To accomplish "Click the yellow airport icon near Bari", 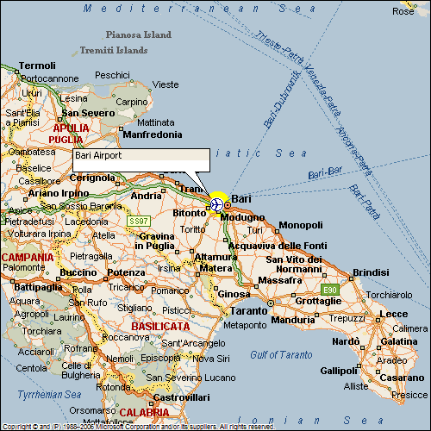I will pyautogui.click(x=217, y=203).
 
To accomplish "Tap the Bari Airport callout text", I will pyautogui.click(x=97, y=155).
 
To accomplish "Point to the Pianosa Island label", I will pyautogui.click(x=138, y=35).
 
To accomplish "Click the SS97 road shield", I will pyautogui.click(x=139, y=221).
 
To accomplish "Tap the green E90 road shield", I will pyautogui.click(x=328, y=289).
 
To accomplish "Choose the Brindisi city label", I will pyautogui.click(x=371, y=272).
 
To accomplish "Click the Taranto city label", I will pyautogui.click(x=250, y=309).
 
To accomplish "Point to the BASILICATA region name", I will pyautogui.click(x=160, y=327).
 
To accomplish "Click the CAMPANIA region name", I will pyautogui.click(x=27, y=257).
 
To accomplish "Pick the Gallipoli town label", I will pyautogui.click(x=337, y=371).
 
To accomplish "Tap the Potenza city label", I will pyautogui.click(x=126, y=272).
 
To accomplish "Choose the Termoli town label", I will pyautogui.click(x=37, y=66).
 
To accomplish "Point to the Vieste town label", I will pyautogui.click(x=165, y=84).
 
